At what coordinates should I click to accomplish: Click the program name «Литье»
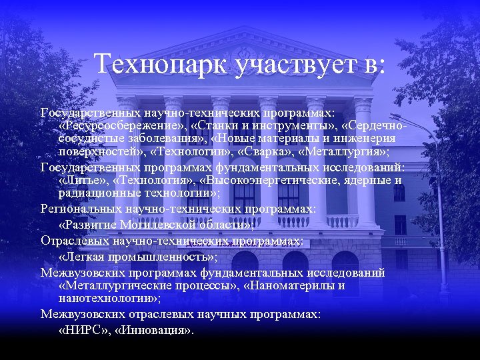(83, 180)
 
